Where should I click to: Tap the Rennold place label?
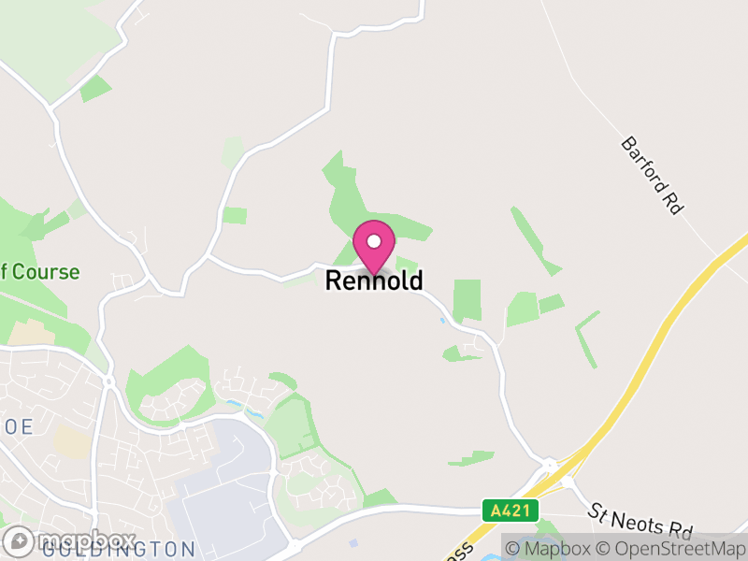[374, 280]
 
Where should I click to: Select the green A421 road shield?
[511, 511]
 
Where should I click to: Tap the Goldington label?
[117, 549]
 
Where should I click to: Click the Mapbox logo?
[69, 541]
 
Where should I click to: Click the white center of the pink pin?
[374, 240]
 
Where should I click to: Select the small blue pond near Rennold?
[442, 321]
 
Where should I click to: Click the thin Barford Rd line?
[598, 122]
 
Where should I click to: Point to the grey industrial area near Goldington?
[220, 486]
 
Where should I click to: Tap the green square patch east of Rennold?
[467, 299]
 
